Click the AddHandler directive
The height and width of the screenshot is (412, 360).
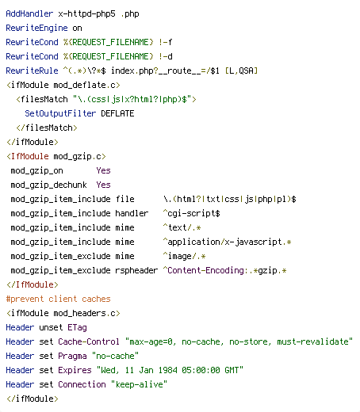[29, 13]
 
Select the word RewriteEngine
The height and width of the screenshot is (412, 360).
[36, 28]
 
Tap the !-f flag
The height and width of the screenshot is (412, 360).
[166, 42]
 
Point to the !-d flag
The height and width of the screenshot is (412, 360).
[166, 56]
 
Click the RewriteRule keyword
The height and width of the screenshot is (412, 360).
[32, 71]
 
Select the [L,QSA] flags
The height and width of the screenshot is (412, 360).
[241, 71]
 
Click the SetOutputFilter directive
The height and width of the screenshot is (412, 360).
[60, 113]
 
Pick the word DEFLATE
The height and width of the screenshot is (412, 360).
[117, 113]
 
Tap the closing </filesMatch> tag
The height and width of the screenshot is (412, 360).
[47, 128]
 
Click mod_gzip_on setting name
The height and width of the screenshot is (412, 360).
[36, 170]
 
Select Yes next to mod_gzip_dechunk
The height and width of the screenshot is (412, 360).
[103, 185]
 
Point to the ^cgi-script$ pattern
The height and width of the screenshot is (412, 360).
[192, 213]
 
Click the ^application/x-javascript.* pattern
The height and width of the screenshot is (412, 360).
[227, 242]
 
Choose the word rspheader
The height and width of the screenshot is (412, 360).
[136, 270]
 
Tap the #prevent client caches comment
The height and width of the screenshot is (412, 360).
[58, 299]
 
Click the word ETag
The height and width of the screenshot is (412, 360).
[77, 327]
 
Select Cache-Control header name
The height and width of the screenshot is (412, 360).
[89, 341]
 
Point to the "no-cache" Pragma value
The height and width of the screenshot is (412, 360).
[115, 356]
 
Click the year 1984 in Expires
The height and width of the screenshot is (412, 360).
[167, 370]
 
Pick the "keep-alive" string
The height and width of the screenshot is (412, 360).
[139, 384]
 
